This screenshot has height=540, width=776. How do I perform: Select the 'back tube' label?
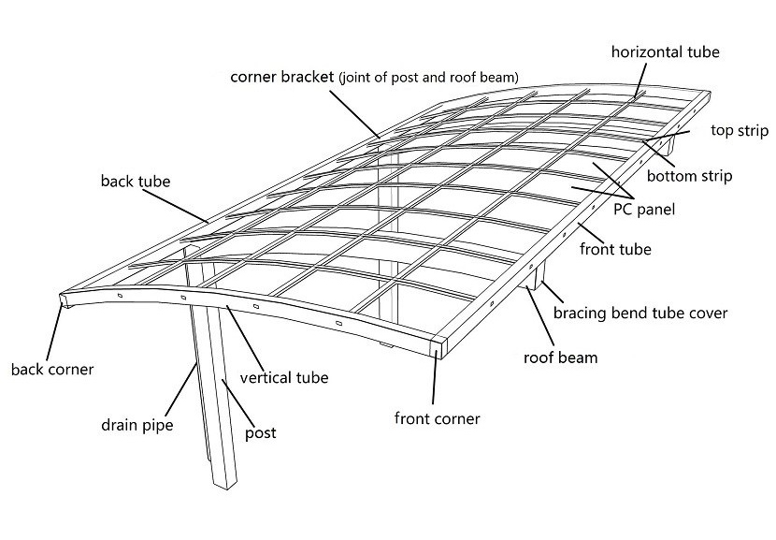coord(136,181)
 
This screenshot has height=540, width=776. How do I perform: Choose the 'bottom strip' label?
coord(689,176)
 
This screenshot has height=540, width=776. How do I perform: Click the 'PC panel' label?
coord(643,211)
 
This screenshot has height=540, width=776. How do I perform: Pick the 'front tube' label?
coord(615,250)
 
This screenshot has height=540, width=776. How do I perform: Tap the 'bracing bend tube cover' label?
coord(640,313)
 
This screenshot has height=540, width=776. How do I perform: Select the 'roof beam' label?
coord(560,357)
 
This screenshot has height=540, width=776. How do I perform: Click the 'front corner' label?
coord(437,418)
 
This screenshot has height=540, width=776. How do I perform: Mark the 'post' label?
coord(260,433)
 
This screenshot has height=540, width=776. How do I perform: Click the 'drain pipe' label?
coord(137,426)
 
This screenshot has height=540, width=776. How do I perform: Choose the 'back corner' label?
coord(52,369)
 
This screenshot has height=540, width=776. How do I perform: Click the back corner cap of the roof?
coord(63,300)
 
